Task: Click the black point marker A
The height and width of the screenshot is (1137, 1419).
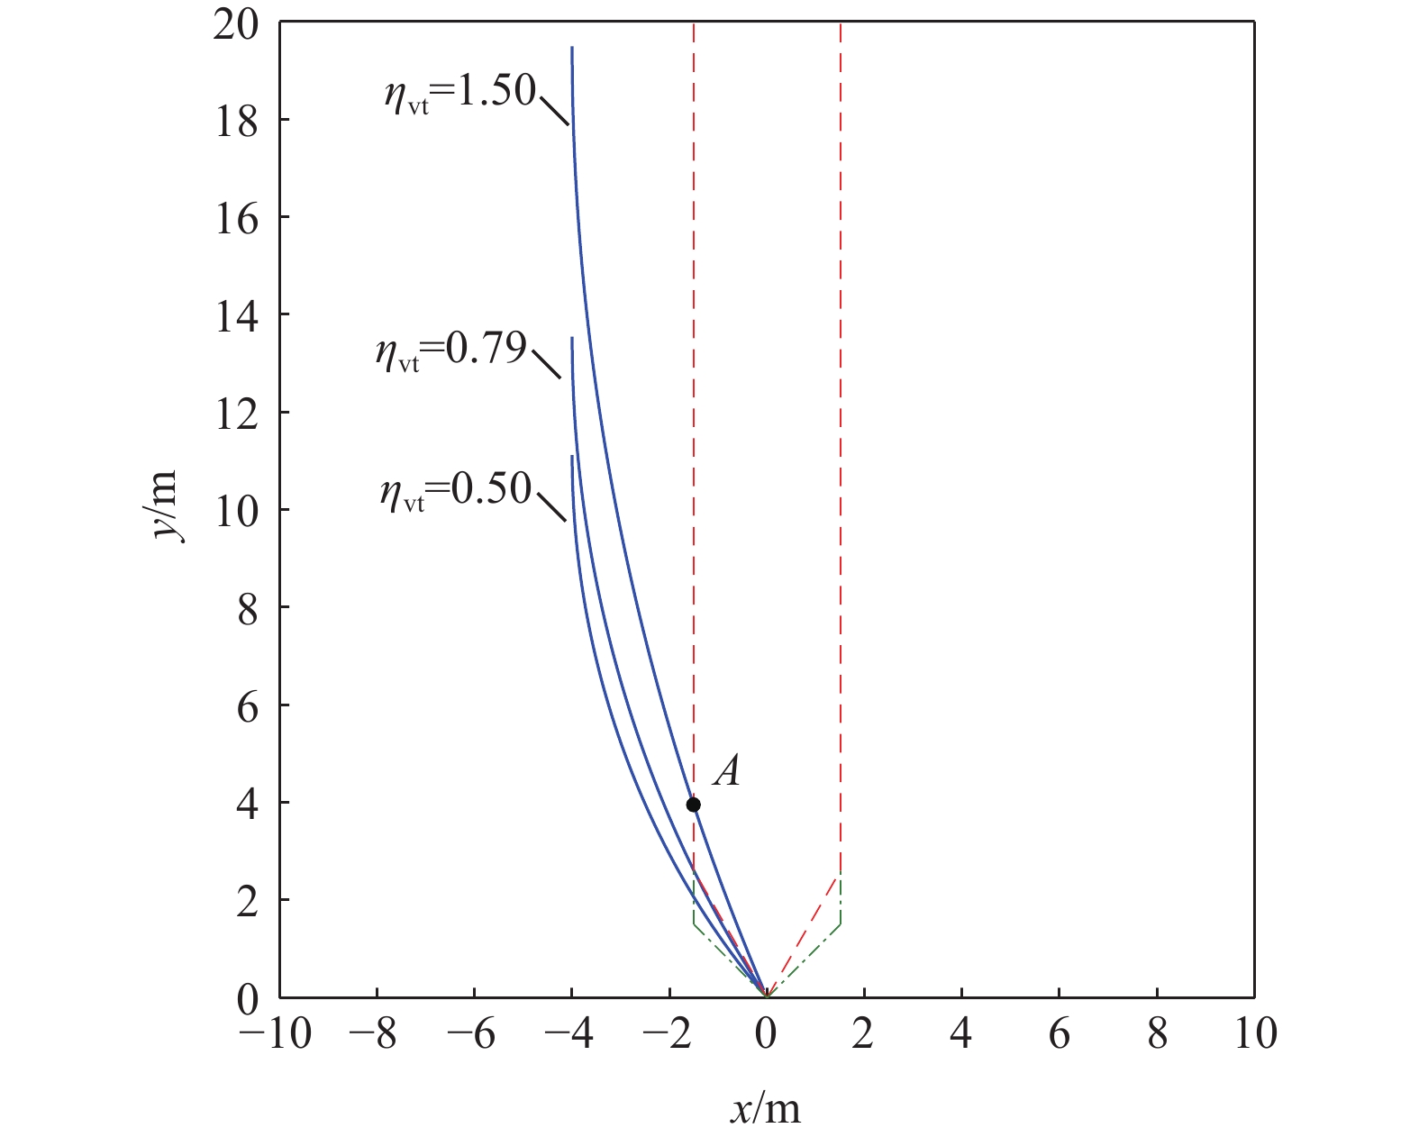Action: tap(693, 805)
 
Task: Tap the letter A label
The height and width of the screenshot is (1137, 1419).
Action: tap(726, 772)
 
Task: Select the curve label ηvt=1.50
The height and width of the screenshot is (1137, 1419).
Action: tap(460, 91)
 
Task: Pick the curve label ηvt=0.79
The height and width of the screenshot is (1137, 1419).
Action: tap(451, 350)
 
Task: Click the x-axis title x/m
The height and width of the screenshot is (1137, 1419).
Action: tap(765, 1108)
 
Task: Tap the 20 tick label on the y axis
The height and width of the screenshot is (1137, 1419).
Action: tap(236, 24)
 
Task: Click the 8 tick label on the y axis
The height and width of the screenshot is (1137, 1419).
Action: tap(247, 608)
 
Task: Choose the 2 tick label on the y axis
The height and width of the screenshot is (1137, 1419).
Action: tap(247, 901)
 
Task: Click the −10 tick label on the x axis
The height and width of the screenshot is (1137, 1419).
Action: tap(276, 1034)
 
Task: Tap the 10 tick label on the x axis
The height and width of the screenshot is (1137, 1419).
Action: tap(1255, 1034)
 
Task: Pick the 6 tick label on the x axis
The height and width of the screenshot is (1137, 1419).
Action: tap(1060, 1034)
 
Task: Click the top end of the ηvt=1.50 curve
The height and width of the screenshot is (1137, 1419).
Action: tap(572, 48)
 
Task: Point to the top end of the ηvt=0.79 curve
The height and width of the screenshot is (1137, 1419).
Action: tap(572, 338)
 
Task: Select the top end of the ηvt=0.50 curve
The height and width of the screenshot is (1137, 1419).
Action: tap(572, 457)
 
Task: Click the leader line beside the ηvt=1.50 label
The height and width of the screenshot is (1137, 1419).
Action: tap(554, 111)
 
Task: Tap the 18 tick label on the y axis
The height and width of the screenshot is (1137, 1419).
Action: tap(236, 122)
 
